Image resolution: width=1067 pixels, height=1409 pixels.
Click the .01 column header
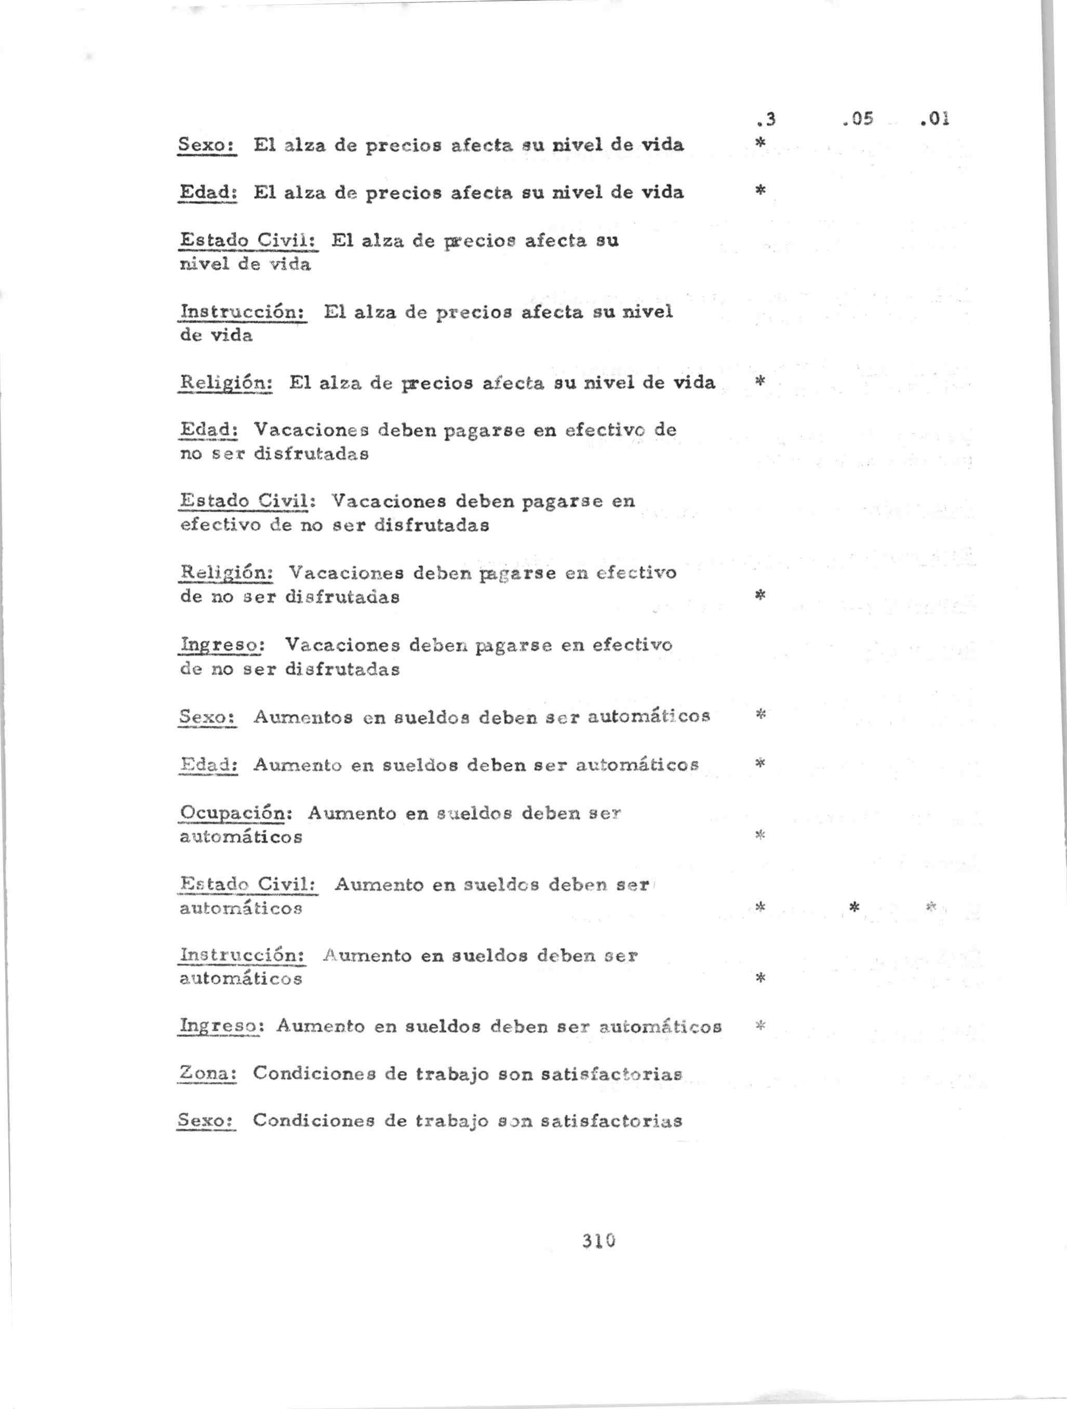tap(935, 119)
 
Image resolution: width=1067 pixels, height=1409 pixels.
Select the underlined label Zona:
tap(208, 1073)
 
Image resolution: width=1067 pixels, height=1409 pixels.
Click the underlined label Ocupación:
tap(235, 814)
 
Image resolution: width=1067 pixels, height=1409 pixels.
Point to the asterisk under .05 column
tap(854, 906)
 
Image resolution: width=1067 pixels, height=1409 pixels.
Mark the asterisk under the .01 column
tap(931, 906)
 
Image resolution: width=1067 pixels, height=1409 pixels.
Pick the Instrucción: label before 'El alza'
tap(243, 312)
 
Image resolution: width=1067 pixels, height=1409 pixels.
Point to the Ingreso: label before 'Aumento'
tap(219, 1026)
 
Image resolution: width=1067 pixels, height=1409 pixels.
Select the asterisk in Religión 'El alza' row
tap(759, 381)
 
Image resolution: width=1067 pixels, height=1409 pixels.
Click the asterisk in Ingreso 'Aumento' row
tap(759, 1025)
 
